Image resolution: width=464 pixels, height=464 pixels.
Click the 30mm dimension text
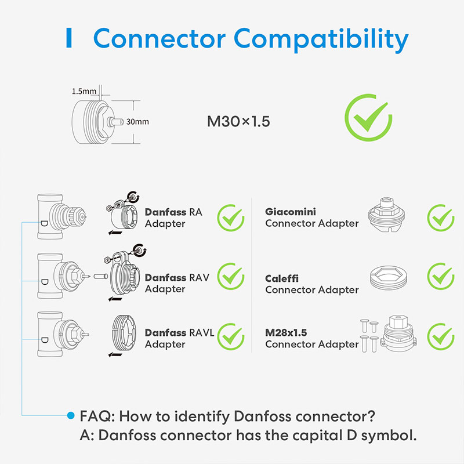tap(138, 121)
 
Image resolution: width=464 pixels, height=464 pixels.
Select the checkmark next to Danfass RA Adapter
tap(230, 218)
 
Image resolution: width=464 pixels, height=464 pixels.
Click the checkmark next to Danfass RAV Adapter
tap(230, 278)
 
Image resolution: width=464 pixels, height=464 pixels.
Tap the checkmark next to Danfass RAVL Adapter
tap(230, 336)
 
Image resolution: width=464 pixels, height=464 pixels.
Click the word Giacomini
tap(291, 212)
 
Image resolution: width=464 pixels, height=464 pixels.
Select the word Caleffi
tap(282, 278)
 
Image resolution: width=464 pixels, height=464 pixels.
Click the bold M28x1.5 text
tap(286, 332)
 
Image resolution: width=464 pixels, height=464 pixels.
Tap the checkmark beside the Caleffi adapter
tap(440, 278)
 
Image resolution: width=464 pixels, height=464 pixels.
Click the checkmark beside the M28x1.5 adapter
tap(440, 336)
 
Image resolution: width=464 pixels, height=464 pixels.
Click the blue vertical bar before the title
tap(69, 38)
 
